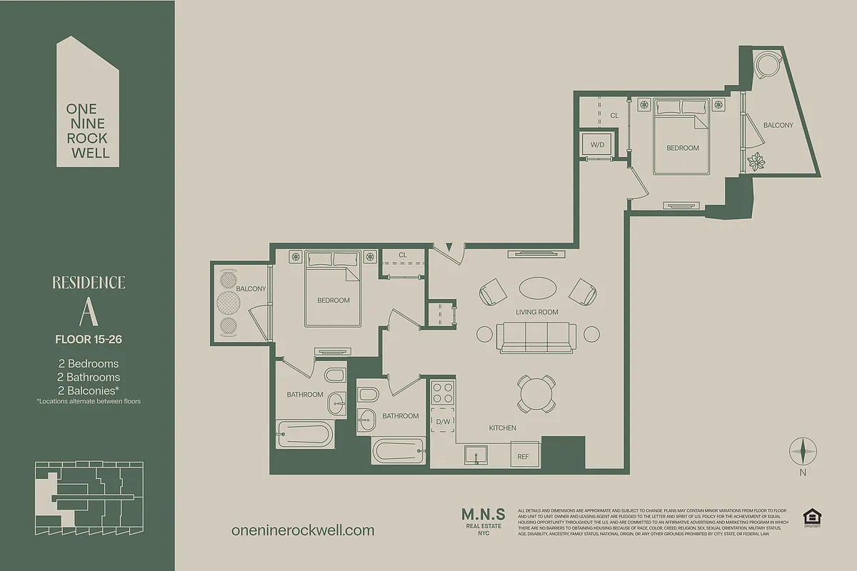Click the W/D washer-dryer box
(x=597, y=145)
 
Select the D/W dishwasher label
(x=442, y=422)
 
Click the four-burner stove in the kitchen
(x=442, y=393)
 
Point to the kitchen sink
(x=476, y=454)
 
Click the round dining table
(x=535, y=393)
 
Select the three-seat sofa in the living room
(x=536, y=336)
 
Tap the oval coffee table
(x=537, y=288)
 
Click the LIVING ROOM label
(x=537, y=312)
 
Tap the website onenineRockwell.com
(x=303, y=530)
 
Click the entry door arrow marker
(x=449, y=248)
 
